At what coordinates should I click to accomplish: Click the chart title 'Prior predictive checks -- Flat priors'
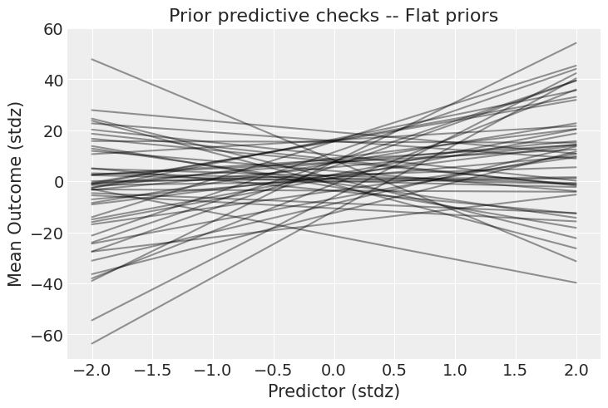(334, 16)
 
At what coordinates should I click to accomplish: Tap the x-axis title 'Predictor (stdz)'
(334, 391)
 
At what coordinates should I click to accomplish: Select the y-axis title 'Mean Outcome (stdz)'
(16, 193)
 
